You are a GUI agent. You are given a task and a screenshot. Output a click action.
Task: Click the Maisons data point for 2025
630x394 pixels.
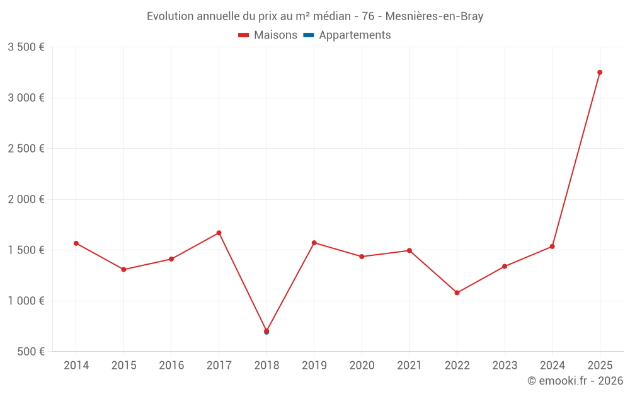tap(600, 72)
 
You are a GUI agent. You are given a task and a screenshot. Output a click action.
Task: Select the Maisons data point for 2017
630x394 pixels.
tap(219, 233)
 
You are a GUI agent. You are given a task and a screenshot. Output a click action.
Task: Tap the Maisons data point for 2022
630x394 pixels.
tap(457, 293)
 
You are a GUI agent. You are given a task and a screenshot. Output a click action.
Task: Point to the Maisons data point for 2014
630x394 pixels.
tap(76, 243)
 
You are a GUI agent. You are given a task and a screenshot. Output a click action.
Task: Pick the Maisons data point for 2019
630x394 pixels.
tap(314, 243)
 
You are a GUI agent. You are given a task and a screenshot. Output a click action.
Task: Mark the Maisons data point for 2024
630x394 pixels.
tap(552, 246)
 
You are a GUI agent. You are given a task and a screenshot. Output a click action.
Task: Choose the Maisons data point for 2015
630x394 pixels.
tap(123, 269)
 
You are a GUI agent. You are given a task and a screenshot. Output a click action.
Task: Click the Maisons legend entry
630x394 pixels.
tap(268, 35)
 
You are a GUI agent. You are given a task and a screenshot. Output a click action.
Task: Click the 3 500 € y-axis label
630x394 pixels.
tap(26, 47)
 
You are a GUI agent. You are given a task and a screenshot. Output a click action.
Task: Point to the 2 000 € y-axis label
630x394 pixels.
tap(26, 199)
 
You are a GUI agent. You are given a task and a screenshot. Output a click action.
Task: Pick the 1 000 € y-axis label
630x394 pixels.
tap(26, 301)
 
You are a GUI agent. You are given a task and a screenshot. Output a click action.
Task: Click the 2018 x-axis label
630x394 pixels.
tap(266, 366)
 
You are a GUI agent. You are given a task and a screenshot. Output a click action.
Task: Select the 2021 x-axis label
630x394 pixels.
tap(409, 366)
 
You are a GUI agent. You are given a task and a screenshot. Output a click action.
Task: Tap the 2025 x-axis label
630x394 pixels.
tap(600, 366)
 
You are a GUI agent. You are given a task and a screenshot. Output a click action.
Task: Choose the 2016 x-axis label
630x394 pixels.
tap(171, 366)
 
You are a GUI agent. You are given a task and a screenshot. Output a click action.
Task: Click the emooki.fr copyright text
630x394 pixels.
tap(575, 381)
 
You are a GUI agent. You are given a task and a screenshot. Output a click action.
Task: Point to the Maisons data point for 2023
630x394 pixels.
tap(505, 266)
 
